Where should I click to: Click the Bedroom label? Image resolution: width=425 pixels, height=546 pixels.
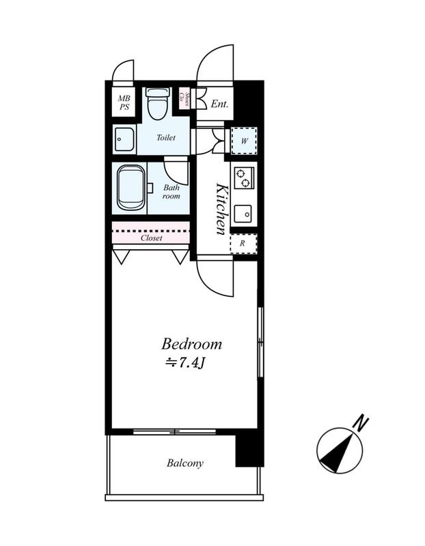(191, 344)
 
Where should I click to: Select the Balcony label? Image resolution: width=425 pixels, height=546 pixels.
(184, 463)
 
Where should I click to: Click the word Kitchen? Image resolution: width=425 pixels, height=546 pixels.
(223, 209)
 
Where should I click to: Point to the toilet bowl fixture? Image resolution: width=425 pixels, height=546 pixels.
(157, 103)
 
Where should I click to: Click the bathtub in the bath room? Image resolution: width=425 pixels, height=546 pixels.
(131, 187)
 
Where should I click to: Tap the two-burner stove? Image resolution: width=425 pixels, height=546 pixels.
(243, 178)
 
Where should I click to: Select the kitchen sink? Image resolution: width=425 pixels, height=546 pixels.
(243, 214)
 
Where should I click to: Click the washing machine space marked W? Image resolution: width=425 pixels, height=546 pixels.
(244, 141)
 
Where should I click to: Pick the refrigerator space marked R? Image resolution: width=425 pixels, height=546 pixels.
(243, 244)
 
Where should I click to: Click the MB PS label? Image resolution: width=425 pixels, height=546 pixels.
(124, 103)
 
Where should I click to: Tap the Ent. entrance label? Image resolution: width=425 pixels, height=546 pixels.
(219, 104)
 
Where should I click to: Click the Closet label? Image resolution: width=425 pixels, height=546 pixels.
(151, 238)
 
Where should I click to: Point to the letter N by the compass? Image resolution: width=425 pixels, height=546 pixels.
(361, 422)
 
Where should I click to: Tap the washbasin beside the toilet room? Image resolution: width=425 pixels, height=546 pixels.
(124, 139)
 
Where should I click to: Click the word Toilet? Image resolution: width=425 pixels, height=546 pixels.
(166, 138)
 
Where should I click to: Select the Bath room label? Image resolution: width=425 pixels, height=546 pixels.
(172, 192)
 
